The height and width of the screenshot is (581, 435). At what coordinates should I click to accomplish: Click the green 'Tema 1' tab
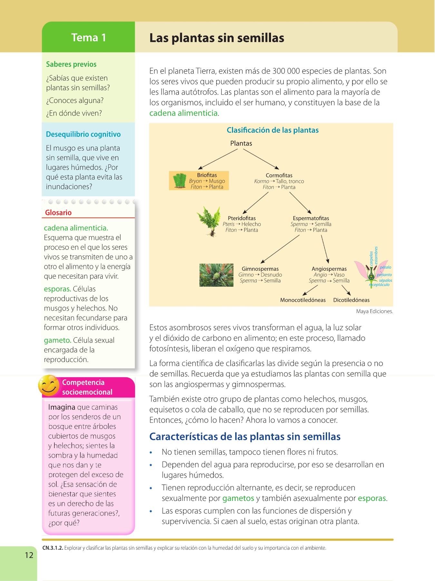tap(88, 37)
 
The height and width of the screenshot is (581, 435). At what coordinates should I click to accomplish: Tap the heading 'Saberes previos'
tap(71, 64)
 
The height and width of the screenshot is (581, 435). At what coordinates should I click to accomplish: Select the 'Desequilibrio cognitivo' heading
tap(83, 134)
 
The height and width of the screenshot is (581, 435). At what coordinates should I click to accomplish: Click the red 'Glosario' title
tap(58, 212)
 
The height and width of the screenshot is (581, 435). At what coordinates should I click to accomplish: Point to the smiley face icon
tap(49, 385)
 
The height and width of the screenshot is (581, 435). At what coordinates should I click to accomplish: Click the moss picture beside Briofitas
tap(179, 180)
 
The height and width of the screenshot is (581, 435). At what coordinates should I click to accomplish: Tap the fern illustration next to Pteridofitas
tap(209, 221)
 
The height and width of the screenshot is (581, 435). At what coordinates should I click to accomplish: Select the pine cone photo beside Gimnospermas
tap(216, 275)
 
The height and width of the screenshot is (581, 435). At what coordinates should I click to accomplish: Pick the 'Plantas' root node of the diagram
tap(241, 143)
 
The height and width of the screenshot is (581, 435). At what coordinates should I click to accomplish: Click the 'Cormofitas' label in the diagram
tap(279, 175)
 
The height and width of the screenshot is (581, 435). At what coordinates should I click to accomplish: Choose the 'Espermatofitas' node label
tap(311, 218)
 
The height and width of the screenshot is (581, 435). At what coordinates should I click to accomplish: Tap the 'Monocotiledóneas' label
tap(303, 300)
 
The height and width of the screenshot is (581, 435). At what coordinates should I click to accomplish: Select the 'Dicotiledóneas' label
tap(351, 300)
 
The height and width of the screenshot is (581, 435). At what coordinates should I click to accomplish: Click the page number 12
tap(29, 555)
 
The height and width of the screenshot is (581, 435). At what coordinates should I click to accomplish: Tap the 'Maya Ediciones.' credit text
tap(374, 311)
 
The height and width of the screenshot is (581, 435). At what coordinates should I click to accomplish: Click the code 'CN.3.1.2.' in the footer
tap(53, 548)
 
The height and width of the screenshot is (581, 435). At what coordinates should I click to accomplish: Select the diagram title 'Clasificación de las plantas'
tap(272, 130)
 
